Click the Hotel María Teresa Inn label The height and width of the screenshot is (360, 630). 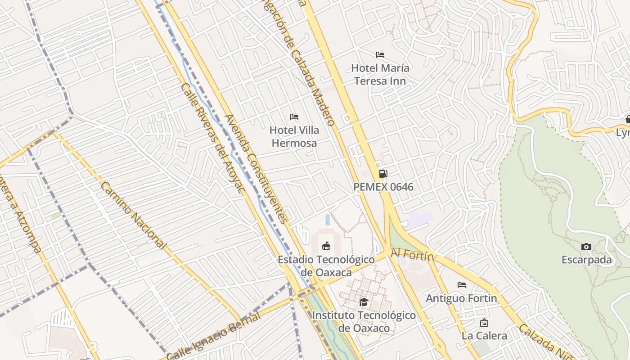[380, 75]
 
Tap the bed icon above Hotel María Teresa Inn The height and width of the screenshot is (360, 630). [380, 55]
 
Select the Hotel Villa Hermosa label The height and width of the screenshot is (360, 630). [294, 137]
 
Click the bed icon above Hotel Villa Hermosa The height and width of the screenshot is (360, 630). [294, 117]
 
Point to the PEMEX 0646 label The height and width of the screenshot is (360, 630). [383, 187]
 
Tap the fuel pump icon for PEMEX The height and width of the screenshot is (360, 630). [383, 173]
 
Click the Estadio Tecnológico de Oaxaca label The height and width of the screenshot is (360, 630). [326, 266]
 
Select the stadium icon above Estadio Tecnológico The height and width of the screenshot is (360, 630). [326, 246]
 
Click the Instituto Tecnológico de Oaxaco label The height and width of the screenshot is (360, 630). [364, 321]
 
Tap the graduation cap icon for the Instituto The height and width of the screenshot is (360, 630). [364, 302]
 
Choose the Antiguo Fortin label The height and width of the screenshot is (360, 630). [461, 298]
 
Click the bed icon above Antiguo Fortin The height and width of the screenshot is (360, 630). [462, 285]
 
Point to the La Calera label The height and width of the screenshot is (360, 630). [484, 336]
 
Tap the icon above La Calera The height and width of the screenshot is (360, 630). [484, 323]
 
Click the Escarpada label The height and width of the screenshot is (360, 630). [586, 260]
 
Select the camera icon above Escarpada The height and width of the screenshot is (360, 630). [586, 247]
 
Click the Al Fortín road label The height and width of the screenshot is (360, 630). [412, 255]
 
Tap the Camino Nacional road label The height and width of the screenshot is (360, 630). [133, 216]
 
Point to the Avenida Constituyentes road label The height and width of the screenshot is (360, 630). [256, 169]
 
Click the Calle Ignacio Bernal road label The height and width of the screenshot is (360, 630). [214, 335]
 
